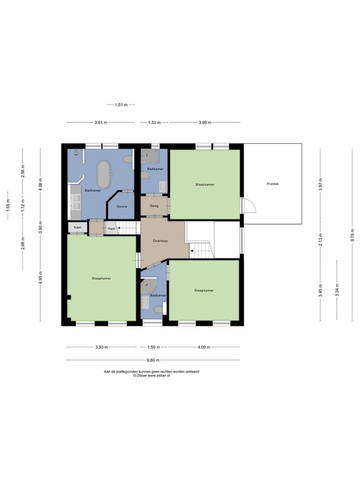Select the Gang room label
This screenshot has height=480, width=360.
point(154,206)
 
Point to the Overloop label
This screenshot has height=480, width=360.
point(160,241)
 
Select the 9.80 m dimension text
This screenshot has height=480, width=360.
point(152,360)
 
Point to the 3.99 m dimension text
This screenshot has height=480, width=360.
point(204,122)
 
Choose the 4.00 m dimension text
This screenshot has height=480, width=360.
point(204,347)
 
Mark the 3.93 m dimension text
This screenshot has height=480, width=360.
point(101,347)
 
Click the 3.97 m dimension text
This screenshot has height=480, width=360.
point(320,185)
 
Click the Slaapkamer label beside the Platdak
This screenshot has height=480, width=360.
point(204,184)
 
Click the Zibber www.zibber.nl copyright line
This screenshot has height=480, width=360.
point(151,376)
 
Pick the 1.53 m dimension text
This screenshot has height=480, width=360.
point(154,122)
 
